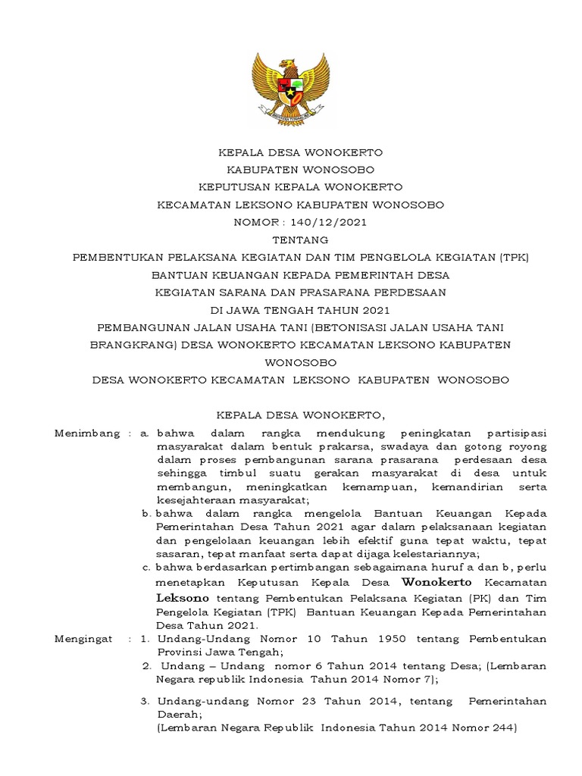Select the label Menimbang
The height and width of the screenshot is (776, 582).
[x=87, y=433]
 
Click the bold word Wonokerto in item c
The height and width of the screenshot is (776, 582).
[x=436, y=582]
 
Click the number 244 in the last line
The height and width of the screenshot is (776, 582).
[x=499, y=729]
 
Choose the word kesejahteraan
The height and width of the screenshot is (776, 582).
[x=201, y=501]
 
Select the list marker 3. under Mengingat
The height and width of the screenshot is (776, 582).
[x=145, y=702]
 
